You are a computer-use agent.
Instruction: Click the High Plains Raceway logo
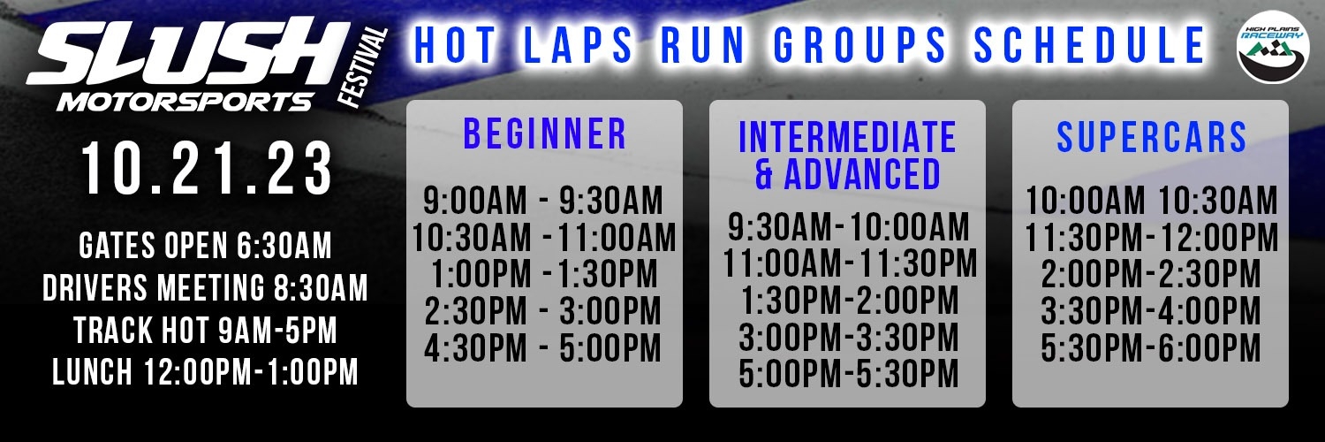click(1273, 47)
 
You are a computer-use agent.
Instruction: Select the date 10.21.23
click(206, 169)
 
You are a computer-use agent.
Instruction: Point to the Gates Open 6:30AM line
click(205, 246)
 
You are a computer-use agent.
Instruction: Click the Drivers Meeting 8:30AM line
click(205, 287)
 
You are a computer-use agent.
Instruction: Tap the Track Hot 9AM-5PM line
click(205, 330)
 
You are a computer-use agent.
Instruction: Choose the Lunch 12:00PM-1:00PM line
click(205, 372)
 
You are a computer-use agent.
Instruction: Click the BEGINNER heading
click(545, 133)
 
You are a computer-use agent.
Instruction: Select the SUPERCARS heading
click(1152, 137)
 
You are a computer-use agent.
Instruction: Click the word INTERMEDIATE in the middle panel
click(847, 137)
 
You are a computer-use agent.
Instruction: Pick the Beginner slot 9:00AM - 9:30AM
click(543, 201)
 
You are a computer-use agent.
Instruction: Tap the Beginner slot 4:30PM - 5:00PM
click(542, 348)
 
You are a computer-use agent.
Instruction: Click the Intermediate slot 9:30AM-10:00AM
click(849, 227)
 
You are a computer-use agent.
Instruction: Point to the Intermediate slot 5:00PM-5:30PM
click(849, 373)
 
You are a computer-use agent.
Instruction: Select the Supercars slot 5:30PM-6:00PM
click(1151, 348)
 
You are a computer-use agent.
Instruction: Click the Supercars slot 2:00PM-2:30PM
click(1151, 275)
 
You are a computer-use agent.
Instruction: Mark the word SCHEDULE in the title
click(1089, 45)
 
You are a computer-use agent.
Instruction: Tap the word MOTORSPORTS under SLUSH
click(185, 102)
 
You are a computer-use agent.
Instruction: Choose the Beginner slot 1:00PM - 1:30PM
click(544, 275)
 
